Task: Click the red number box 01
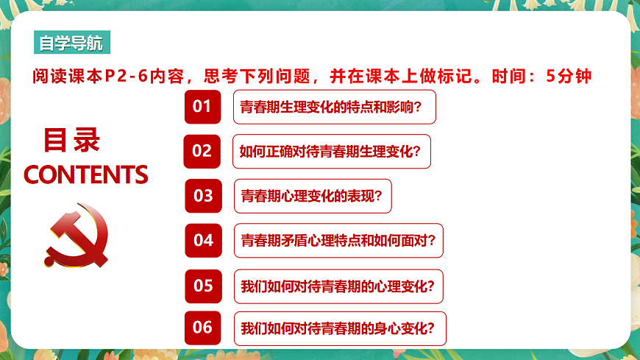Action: [x=202, y=107]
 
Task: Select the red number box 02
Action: [x=202, y=151]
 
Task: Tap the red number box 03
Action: [x=203, y=196]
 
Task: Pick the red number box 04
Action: [x=203, y=240]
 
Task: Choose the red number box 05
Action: [x=203, y=285]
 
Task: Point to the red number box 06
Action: [x=203, y=328]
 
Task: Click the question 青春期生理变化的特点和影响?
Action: [x=335, y=107]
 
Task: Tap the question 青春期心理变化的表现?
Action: [x=313, y=197]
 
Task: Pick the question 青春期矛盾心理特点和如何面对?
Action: [x=338, y=241]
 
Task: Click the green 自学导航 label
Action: [x=71, y=43]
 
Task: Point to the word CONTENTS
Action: [x=86, y=174]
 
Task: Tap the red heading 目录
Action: [x=72, y=140]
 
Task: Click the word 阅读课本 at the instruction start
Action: [x=63, y=76]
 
